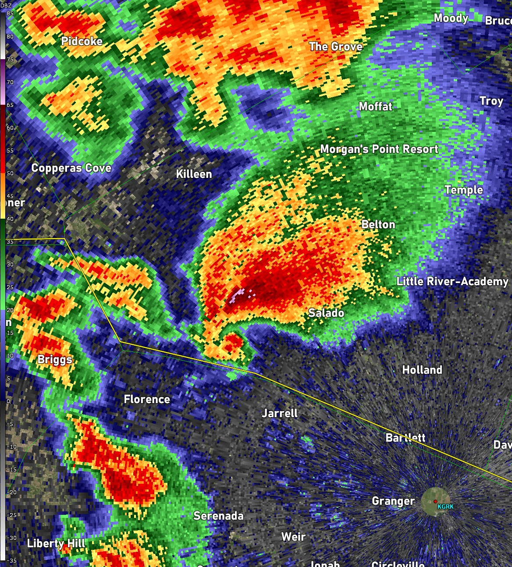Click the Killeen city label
click(194, 174)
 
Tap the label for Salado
click(326, 313)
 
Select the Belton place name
click(378, 225)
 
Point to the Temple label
click(464, 190)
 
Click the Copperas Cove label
click(71, 168)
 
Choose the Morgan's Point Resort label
click(379, 149)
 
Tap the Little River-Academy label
click(452, 281)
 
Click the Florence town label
click(147, 399)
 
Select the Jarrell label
click(280, 413)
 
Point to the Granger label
click(393, 501)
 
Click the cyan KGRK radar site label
click(446, 507)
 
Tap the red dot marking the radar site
click(435, 501)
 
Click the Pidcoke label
click(82, 41)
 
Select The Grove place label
click(336, 46)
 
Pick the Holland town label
click(422, 370)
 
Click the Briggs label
click(55, 360)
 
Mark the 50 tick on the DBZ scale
click(10, 174)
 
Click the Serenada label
click(218, 516)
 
